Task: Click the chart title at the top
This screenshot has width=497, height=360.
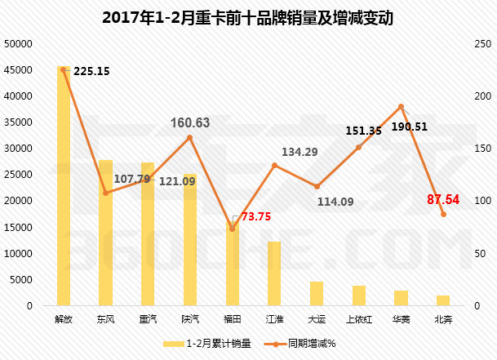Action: [x=248, y=17]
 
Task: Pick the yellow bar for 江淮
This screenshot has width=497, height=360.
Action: [x=274, y=273]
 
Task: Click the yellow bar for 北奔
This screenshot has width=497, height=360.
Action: [x=443, y=300]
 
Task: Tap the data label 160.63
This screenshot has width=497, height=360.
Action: [x=190, y=123]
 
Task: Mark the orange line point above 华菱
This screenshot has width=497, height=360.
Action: [x=401, y=106]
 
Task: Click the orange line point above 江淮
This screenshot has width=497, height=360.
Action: [x=274, y=166]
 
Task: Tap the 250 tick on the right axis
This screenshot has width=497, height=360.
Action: [x=481, y=44]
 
